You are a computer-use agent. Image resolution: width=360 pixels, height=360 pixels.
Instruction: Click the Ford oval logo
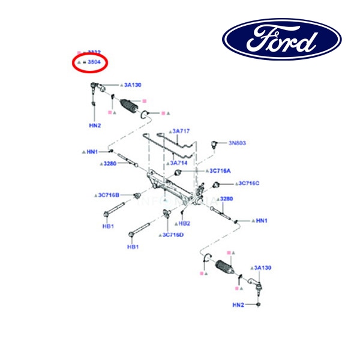(x=282, y=39)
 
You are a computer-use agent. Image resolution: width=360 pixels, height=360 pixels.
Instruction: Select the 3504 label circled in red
(x=94, y=62)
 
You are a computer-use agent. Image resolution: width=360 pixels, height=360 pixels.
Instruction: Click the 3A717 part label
(x=182, y=131)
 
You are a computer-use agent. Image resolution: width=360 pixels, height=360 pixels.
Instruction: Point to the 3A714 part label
(x=181, y=162)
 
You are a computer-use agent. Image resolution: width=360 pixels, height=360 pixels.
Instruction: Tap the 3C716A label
(x=220, y=171)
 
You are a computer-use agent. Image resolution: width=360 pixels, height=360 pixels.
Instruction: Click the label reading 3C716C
(x=248, y=183)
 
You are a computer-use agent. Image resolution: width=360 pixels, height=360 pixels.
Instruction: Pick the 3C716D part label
(x=173, y=235)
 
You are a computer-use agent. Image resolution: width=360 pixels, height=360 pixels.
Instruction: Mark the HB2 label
(x=185, y=223)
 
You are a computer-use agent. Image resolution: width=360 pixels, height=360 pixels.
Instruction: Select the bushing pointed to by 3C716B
(x=139, y=196)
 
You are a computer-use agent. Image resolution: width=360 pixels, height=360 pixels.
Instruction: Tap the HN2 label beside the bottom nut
(x=238, y=305)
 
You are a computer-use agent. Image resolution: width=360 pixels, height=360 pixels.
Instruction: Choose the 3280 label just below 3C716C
(x=227, y=199)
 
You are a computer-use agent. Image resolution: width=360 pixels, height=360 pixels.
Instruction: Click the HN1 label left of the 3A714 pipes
(x=92, y=152)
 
